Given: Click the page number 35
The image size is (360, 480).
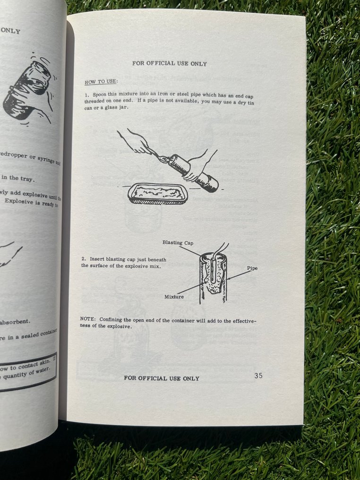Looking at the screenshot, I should point(258,376).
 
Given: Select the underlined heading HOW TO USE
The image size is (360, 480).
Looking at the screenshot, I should point(97,82).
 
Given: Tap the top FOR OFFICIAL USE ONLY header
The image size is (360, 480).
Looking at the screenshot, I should point(169,63).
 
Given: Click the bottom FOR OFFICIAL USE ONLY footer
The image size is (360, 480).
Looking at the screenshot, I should point(162,378).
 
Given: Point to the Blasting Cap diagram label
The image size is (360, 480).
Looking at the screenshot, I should point(178,242).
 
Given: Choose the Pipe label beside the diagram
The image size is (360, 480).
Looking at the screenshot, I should point(252,268).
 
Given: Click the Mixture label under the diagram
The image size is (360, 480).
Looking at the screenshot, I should point(174,297).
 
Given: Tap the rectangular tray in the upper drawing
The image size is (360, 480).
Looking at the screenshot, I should point(158,194).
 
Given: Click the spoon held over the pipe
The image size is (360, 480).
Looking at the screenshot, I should point(161,158).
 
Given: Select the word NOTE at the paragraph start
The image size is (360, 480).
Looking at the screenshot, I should point(88,319).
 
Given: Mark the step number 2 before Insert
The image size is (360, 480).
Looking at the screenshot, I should point(83,259).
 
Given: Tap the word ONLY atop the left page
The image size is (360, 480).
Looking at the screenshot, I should point(10,31).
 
